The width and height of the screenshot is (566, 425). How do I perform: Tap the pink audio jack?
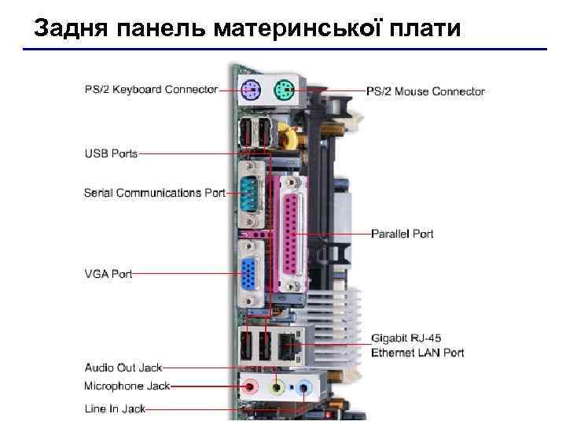251,386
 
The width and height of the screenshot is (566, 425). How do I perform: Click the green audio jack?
277,387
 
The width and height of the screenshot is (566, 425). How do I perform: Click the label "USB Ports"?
111,153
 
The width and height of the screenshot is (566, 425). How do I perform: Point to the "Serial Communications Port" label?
155,192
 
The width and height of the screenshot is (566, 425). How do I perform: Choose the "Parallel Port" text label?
402,234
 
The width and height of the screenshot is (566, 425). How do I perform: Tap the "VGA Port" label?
108,274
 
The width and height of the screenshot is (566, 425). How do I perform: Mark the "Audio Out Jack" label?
123,368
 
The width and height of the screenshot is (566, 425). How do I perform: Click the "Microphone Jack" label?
127,386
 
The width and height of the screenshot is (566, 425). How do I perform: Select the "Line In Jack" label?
115,408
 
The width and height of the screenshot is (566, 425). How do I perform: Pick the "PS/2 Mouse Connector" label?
425,91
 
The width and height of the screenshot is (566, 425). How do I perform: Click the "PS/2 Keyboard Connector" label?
151,89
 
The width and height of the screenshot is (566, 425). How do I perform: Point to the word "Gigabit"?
390,339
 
